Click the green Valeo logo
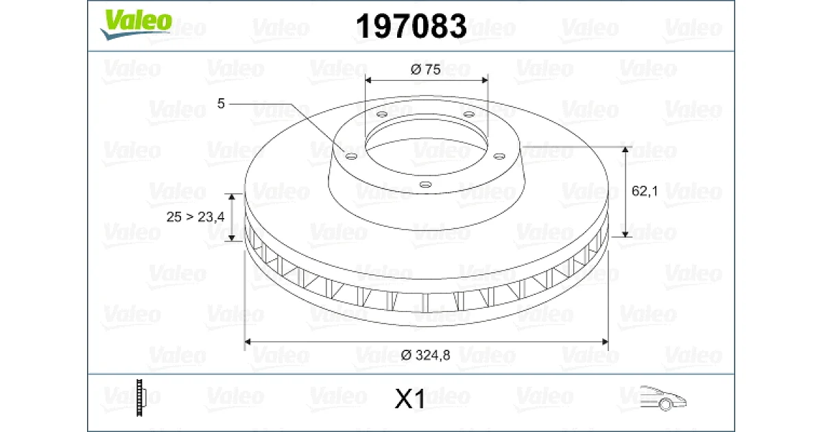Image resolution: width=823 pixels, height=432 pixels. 136,24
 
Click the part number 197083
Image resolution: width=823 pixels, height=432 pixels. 411,26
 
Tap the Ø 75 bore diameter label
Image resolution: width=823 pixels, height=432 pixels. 425,69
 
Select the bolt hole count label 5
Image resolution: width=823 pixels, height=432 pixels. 220,104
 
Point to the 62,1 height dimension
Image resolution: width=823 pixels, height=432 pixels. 645,191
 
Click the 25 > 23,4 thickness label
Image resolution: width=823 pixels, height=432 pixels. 195,217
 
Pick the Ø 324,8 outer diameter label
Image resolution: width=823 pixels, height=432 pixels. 425,355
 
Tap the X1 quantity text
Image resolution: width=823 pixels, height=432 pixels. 409,398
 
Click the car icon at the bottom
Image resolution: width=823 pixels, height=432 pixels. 663,398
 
